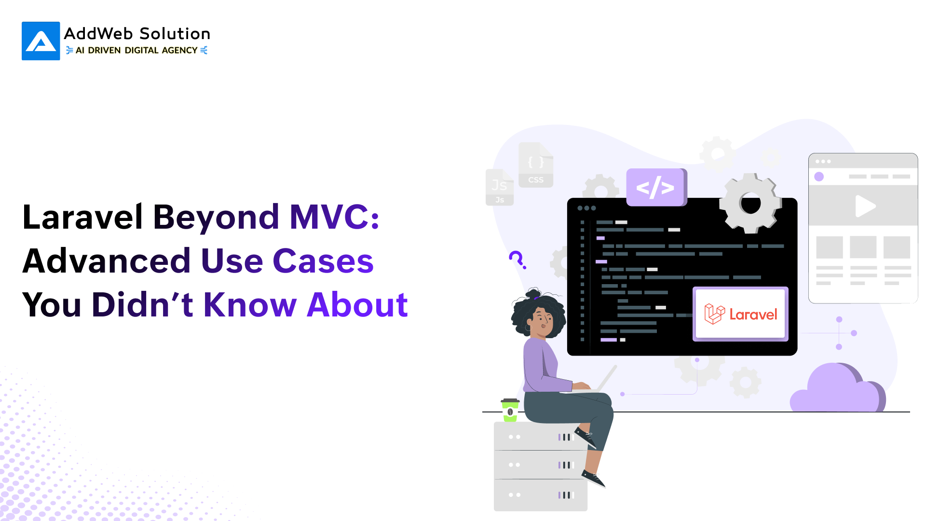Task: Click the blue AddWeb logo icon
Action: pos(41,41)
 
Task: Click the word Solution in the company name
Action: pos(175,34)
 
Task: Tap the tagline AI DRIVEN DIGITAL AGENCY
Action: pos(136,50)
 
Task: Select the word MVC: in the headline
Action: pos(334,217)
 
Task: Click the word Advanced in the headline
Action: pos(107,261)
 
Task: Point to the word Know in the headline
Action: pos(250,305)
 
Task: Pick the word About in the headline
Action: pos(357,305)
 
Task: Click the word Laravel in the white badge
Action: pos(753,315)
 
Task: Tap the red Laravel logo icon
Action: pos(714,314)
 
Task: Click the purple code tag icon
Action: pos(655,187)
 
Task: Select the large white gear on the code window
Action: pos(750,203)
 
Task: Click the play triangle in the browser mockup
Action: pos(865,206)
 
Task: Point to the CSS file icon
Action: pos(536,165)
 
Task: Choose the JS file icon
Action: pos(500,187)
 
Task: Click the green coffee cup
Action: pos(510,411)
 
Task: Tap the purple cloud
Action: pos(838,389)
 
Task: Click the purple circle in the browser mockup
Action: pos(819,177)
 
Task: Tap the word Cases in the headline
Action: pos(323,261)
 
